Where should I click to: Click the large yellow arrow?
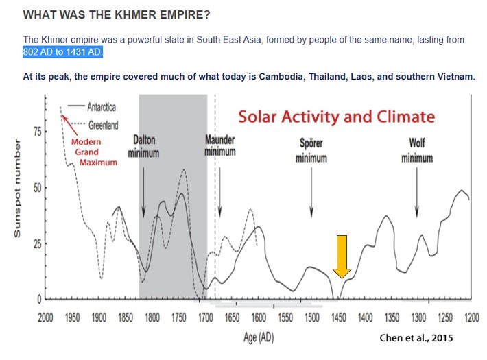[x=342, y=256]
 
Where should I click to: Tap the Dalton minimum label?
[x=143, y=146]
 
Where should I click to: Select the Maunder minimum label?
[x=220, y=145]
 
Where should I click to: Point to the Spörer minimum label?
[x=311, y=150]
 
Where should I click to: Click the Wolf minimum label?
[x=417, y=150]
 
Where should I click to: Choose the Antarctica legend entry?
[x=92, y=107]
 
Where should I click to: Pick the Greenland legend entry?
[x=93, y=125]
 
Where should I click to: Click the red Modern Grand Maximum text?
[x=94, y=152]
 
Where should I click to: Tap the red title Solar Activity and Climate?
[x=337, y=117]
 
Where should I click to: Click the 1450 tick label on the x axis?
[x=339, y=317]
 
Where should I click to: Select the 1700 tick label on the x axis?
[x=205, y=317]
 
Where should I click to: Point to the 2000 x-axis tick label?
[x=45, y=317]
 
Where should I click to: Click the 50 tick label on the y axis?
[x=37, y=188]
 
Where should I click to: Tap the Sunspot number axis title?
[x=17, y=189]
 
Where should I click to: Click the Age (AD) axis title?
[x=259, y=337]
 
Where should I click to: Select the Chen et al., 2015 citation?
[x=416, y=338]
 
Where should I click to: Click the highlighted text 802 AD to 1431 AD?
[x=62, y=52]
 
